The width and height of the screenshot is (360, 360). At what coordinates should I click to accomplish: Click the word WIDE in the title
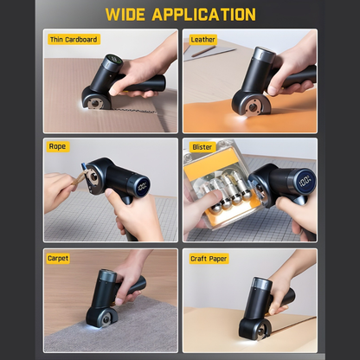click(125, 15)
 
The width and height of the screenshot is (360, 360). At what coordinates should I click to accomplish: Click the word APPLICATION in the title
click(204, 15)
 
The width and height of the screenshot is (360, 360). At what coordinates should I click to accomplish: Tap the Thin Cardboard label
click(74, 39)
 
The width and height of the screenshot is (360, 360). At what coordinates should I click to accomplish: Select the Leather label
click(202, 40)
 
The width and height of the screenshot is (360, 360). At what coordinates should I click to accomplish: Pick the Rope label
click(57, 146)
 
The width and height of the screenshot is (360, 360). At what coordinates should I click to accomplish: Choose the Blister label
click(202, 147)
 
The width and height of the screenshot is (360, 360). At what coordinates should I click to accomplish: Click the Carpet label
click(58, 258)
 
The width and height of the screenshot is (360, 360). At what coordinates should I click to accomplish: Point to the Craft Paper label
click(209, 259)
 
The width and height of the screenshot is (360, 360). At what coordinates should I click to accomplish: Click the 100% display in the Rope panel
click(143, 187)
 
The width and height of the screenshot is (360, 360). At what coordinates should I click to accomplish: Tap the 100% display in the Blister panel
click(305, 182)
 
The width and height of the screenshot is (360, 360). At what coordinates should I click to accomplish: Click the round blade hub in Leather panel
click(254, 107)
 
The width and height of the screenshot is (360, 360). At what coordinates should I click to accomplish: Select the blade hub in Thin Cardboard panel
click(95, 103)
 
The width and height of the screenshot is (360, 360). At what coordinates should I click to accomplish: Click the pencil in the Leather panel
click(203, 51)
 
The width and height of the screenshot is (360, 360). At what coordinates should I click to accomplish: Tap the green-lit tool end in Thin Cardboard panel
click(113, 60)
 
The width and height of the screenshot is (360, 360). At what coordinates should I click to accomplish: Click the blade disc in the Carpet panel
click(106, 318)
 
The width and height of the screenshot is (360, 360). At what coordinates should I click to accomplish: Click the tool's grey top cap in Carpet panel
click(107, 276)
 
